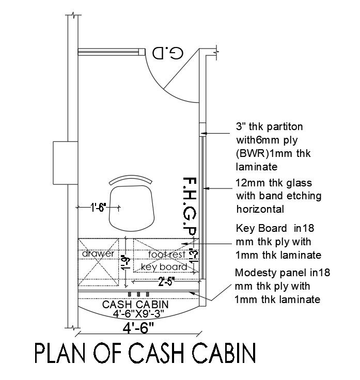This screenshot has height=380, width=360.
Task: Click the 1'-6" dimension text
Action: (98, 208)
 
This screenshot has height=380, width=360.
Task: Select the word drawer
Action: (98, 254)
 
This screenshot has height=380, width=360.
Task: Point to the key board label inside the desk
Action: (163, 267)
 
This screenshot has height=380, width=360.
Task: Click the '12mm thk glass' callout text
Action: (274, 183)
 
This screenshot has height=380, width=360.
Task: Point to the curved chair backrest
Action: (131, 179)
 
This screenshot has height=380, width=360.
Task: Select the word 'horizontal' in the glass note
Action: (260, 209)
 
